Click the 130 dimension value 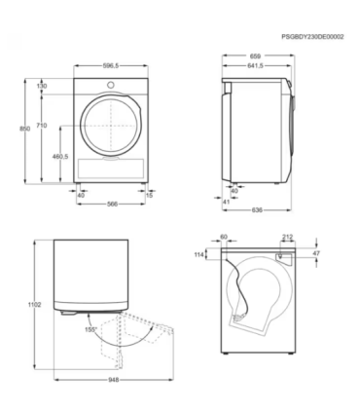click(x=43, y=87)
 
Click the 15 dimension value click(x=149, y=195)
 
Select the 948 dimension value click(x=115, y=381)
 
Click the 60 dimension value click(x=223, y=235)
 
